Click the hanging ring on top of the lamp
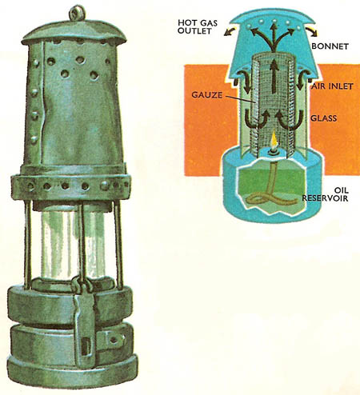78,13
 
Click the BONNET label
330,46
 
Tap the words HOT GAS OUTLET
198,26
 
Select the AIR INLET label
332,86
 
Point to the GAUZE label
206,95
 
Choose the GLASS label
324,118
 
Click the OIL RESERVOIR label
326,194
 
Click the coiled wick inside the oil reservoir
270,189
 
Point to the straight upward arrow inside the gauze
274,77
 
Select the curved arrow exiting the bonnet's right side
311,31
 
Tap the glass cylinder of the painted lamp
74,244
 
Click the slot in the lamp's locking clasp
86,346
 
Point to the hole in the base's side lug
114,340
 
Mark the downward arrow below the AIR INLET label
301,82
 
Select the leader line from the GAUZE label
238,98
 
